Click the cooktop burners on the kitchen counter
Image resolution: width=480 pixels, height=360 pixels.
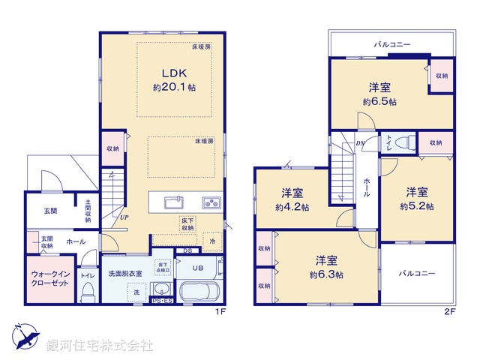coord(210,202)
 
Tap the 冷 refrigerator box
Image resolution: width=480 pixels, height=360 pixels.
coord(212,241)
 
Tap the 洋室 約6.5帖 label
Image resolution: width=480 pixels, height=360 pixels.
coord(379,94)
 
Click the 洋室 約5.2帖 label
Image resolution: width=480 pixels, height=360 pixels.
coord(416,198)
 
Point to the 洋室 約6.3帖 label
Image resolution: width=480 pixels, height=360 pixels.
coord(326,267)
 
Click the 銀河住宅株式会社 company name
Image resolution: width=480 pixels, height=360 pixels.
coord(99,346)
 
